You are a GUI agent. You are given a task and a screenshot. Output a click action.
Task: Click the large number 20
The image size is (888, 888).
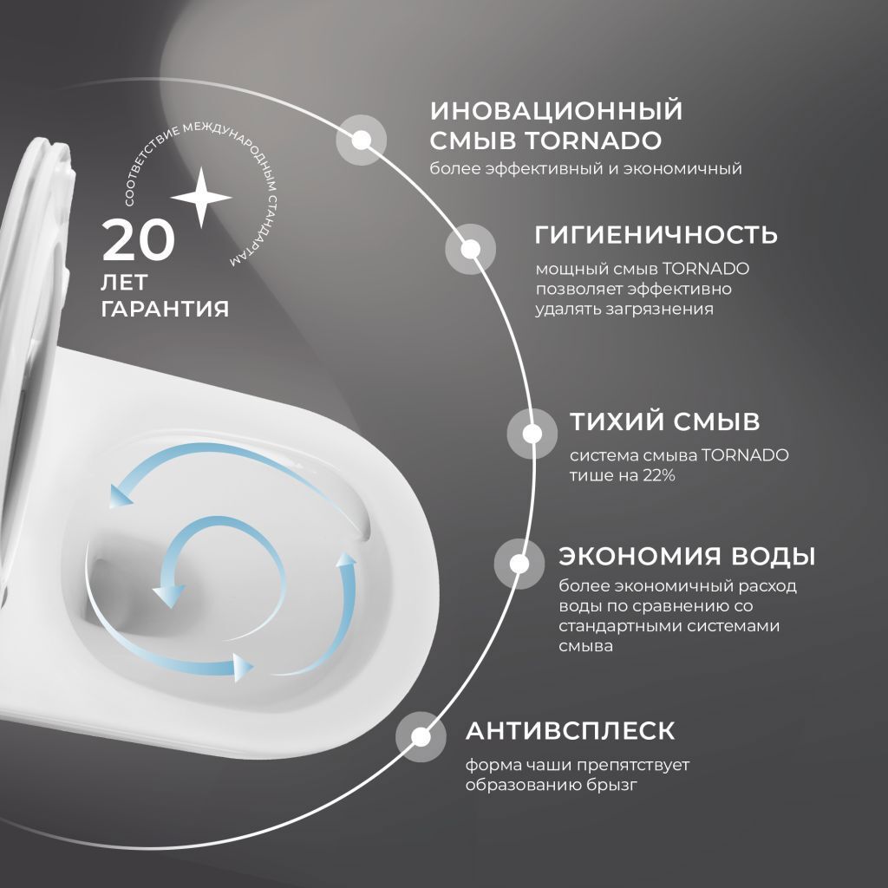click(139, 240)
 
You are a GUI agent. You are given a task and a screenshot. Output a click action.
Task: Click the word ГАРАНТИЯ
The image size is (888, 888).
click(165, 309)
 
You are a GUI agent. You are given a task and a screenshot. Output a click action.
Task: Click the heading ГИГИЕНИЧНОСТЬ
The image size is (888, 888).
click(656, 235)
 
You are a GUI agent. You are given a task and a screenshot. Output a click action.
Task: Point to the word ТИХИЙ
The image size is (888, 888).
click(614, 422)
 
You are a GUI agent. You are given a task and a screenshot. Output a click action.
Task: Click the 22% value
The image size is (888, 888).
click(659, 475)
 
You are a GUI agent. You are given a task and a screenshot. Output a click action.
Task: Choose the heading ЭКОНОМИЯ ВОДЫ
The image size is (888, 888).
click(687, 555)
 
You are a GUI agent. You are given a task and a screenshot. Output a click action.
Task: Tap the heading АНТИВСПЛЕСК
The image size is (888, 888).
click(570, 730)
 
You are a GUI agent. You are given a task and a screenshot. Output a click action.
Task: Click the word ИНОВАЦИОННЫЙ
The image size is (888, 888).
click(557, 111)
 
